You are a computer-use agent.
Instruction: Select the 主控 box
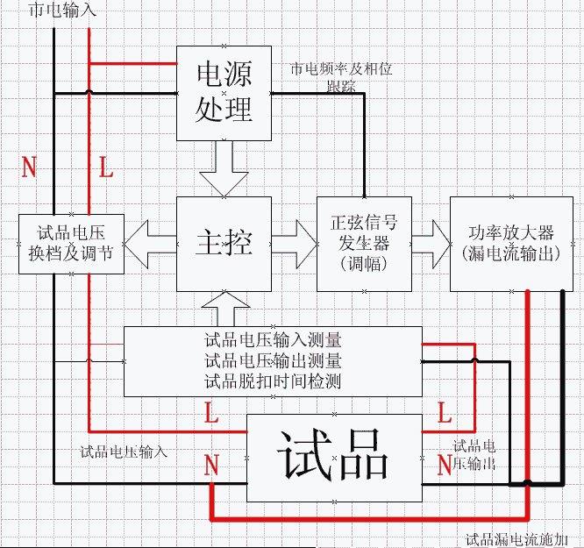point(224,243)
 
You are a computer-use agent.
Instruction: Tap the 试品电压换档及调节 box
point(71,243)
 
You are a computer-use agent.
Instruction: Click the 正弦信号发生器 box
point(363,243)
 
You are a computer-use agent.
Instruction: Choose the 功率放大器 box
point(511,243)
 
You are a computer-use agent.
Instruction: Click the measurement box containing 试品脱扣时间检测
point(273,360)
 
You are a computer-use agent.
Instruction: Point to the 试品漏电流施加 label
point(523,539)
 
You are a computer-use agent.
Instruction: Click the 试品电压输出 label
point(474,454)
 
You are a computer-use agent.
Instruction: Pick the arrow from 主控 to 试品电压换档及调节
point(150,242)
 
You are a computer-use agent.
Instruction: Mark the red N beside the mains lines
point(29,167)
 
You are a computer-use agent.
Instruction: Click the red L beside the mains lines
point(106,167)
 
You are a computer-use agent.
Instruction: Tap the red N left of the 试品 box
point(211,466)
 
